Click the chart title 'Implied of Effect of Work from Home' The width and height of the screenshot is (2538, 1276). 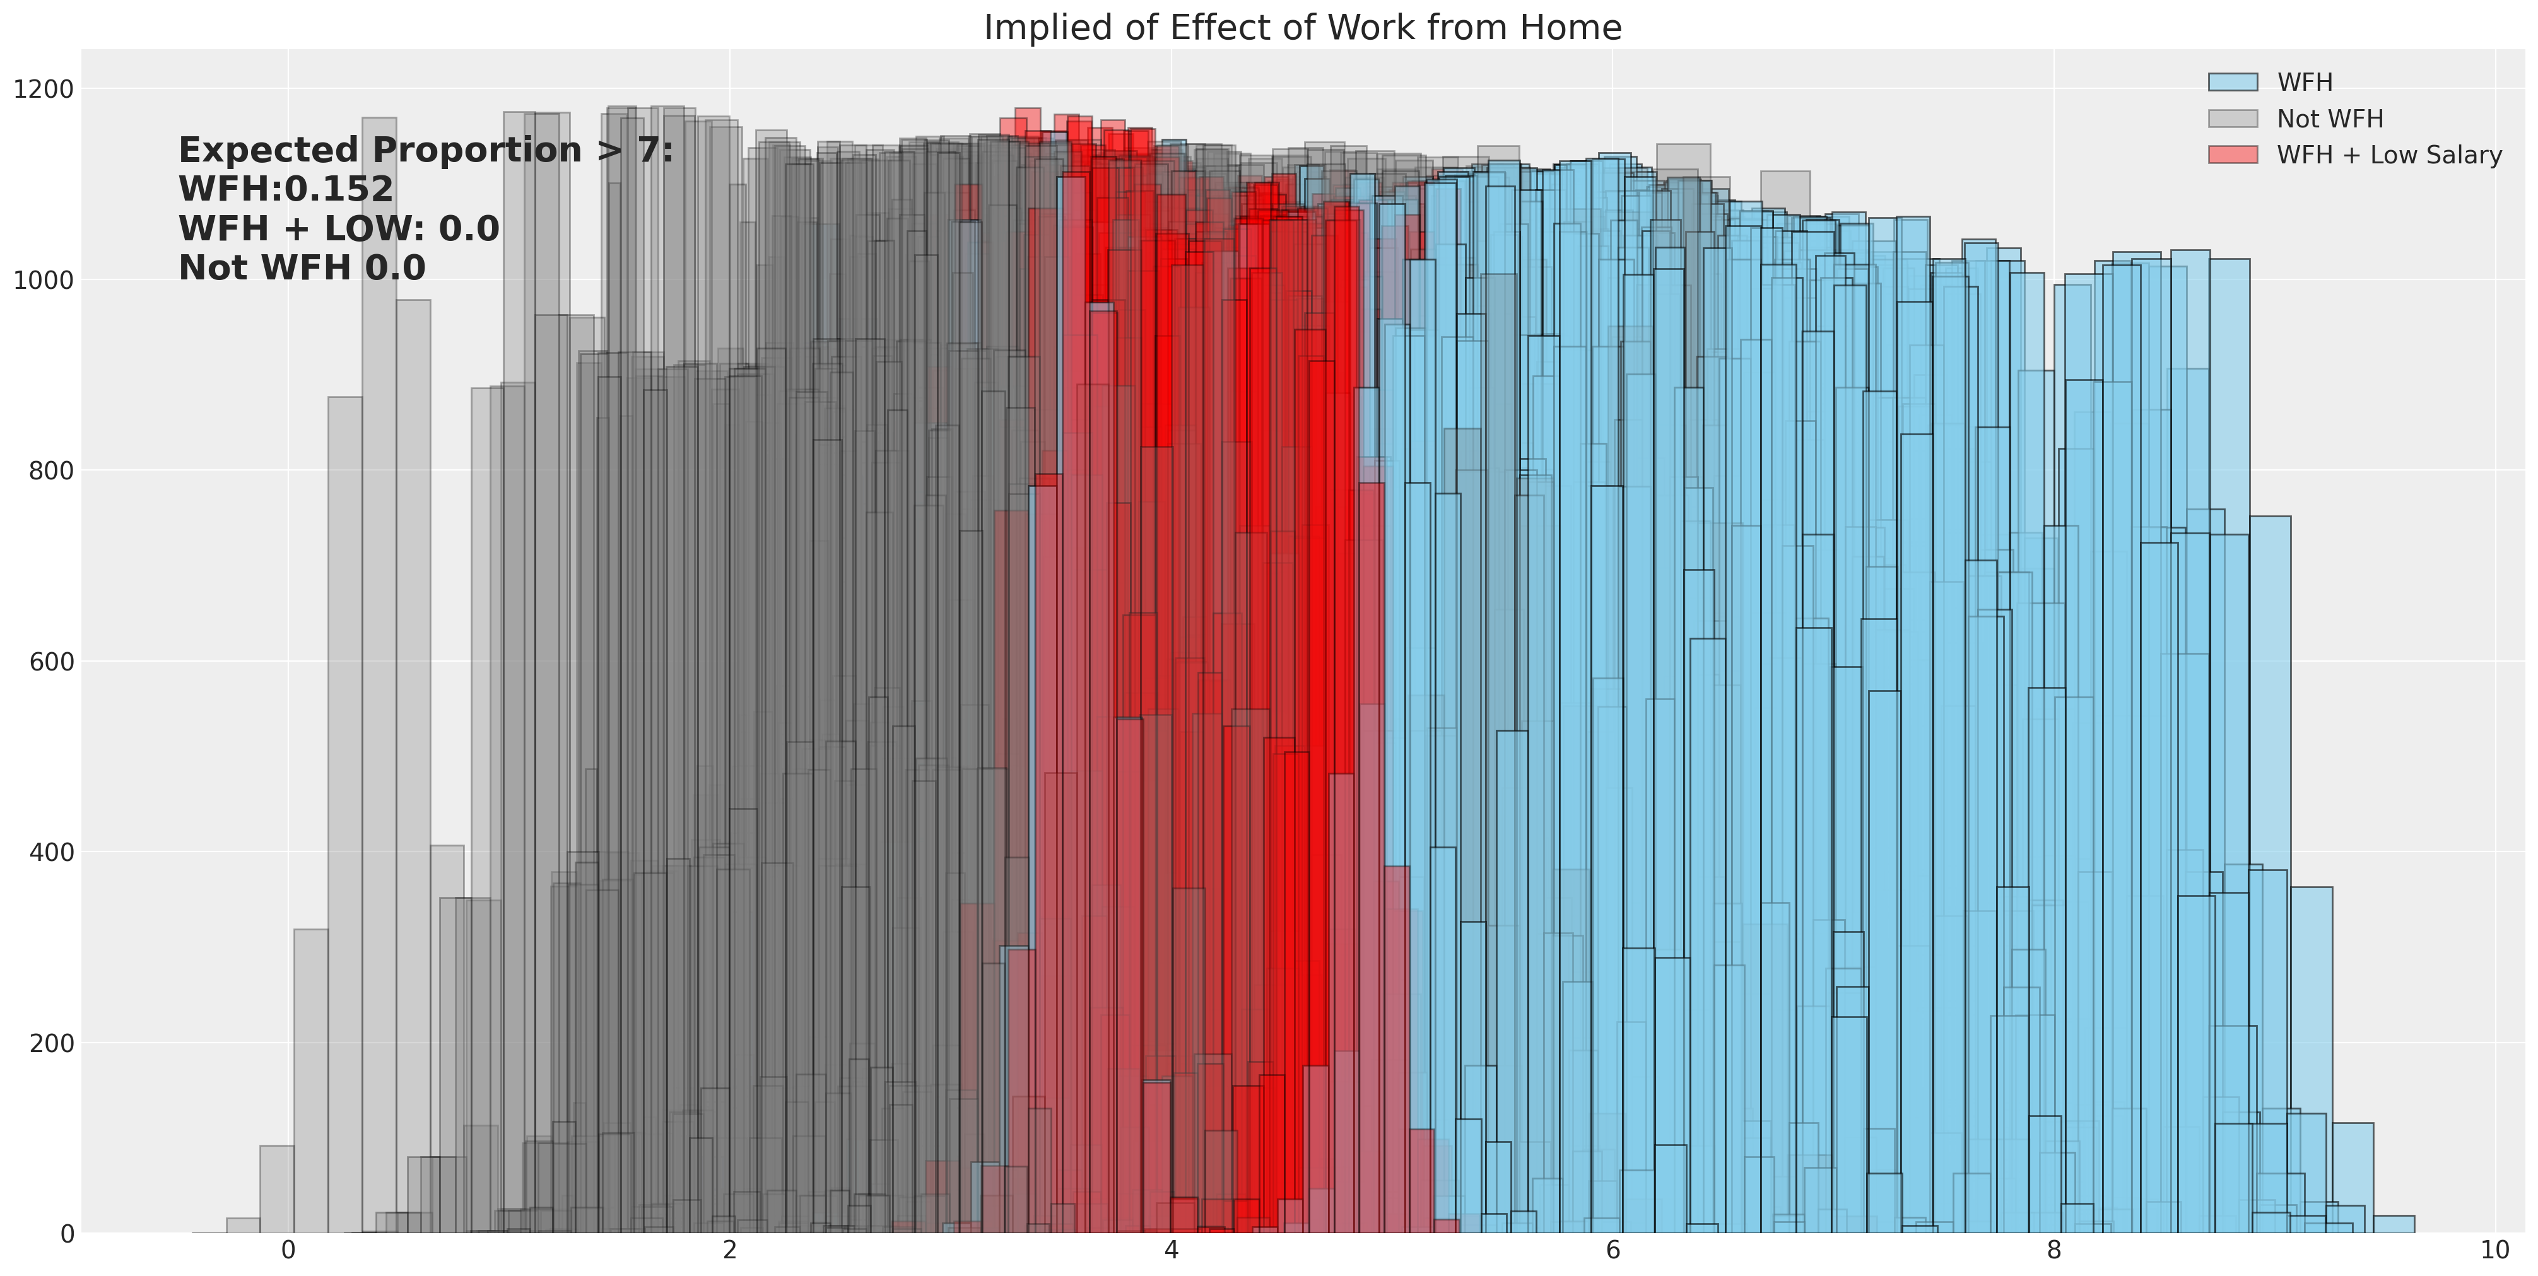(1303, 28)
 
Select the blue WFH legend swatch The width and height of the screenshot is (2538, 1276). (2233, 82)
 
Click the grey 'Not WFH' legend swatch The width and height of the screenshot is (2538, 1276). (2233, 118)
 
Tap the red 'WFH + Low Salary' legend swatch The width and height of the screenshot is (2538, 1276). (2233, 155)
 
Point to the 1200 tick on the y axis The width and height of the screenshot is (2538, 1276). (44, 90)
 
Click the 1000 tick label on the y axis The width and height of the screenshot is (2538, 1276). (44, 280)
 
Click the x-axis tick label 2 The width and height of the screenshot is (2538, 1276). (730, 1250)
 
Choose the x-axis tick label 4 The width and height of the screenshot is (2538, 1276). (1172, 1250)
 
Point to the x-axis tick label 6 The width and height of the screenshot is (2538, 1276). (1613, 1250)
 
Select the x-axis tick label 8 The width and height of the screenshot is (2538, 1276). (2054, 1250)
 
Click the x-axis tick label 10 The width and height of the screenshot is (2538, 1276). (2494, 1250)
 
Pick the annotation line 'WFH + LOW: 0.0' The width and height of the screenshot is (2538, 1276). (339, 228)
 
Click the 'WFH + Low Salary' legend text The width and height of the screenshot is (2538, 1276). (2389, 155)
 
